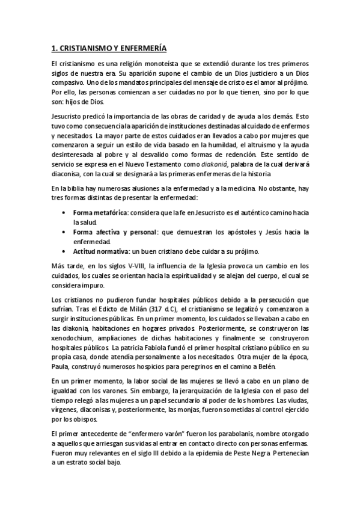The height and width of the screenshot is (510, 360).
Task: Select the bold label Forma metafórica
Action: (99, 212)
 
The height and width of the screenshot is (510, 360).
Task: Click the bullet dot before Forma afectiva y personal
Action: (64, 232)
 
